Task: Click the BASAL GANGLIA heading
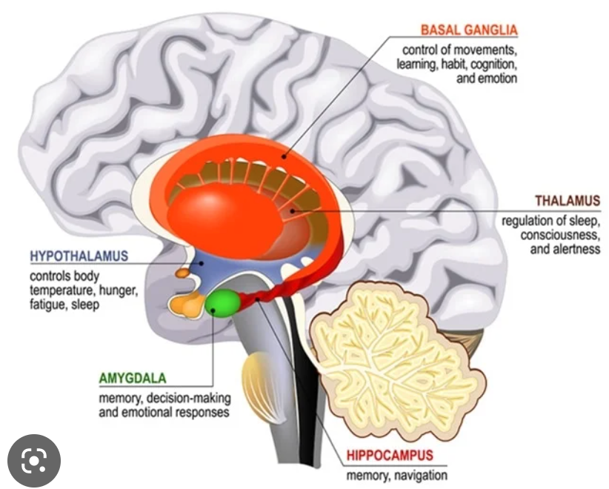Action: (x=468, y=30)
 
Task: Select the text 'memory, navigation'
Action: (x=396, y=474)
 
